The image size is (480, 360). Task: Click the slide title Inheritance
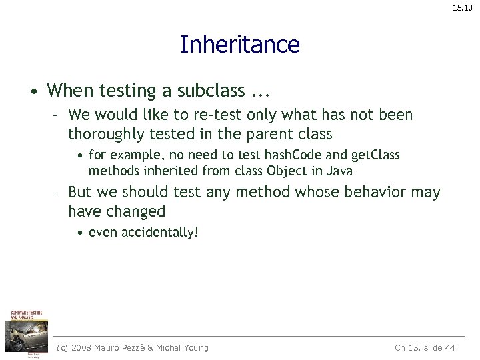[240, 45]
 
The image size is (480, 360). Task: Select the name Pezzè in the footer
[141, 348]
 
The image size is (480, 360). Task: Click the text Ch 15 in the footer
[406, 348]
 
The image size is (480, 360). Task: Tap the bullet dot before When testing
[31, 91]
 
